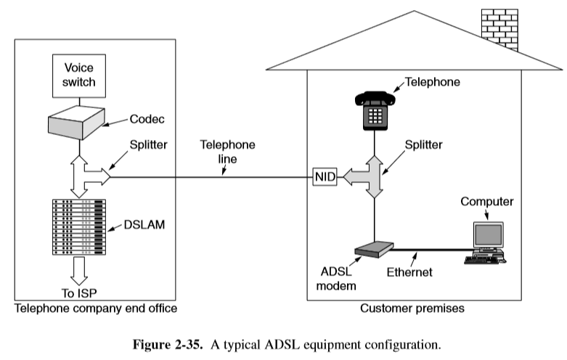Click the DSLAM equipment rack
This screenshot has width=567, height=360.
point(79,226)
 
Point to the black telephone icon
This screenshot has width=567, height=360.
point(374,110)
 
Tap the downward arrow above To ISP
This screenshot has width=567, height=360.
point(78,271)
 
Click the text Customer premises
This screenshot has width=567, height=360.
point(412,308)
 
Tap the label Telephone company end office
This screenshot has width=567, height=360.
point(95,308)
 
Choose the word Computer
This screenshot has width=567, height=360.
point(487,201)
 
